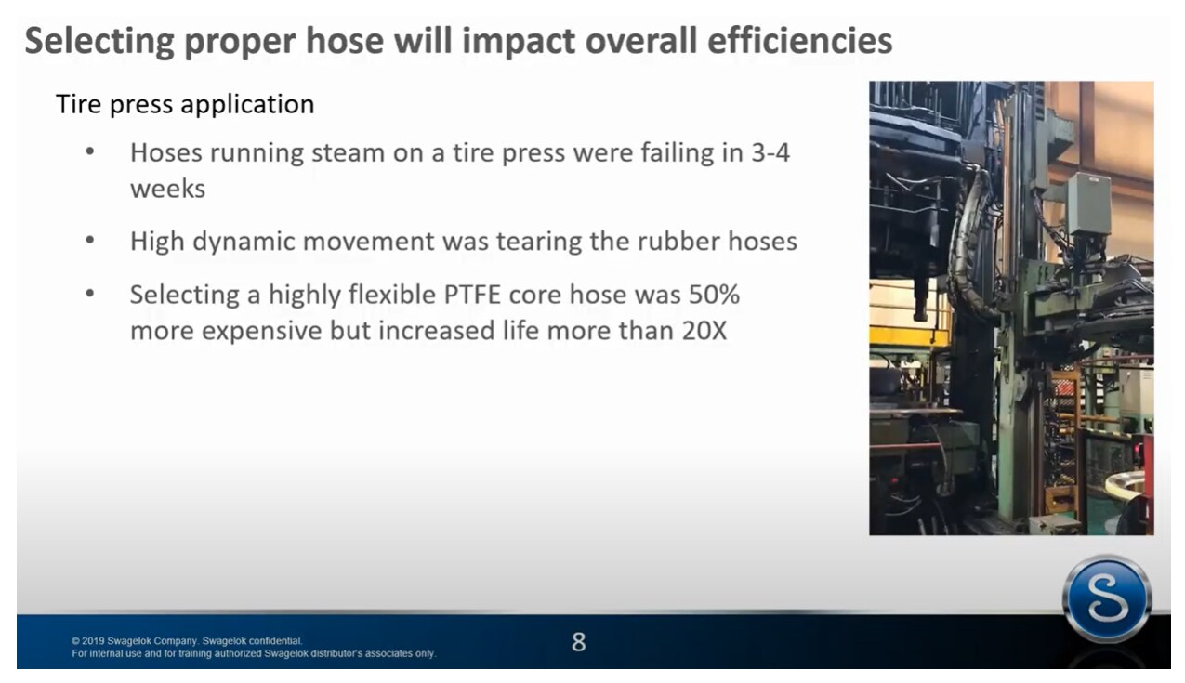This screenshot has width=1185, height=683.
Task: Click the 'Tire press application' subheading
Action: (185, 104)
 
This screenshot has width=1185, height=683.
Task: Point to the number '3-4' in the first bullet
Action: (770, 153)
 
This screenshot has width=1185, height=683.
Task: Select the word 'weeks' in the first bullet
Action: (167, 189)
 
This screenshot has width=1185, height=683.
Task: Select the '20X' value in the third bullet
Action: (704, 330)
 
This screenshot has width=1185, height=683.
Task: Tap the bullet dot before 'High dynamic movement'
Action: (90, 242)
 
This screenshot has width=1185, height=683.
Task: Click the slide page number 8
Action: (578, 642)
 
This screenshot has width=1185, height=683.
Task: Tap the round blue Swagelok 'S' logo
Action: (1106, 599)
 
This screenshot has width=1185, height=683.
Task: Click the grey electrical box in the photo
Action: (1087, 203)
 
